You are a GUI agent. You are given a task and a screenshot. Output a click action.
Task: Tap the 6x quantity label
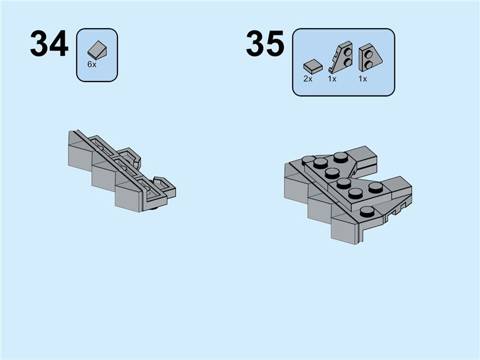point(91,64)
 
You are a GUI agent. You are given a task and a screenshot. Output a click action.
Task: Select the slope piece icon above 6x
point(97,50)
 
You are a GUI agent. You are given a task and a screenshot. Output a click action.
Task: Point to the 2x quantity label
point(308,79)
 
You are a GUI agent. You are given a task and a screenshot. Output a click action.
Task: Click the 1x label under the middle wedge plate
point(332,79)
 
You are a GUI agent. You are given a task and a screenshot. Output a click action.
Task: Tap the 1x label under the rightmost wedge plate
point(362,79)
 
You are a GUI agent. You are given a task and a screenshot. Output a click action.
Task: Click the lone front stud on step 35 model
point(365,210)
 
